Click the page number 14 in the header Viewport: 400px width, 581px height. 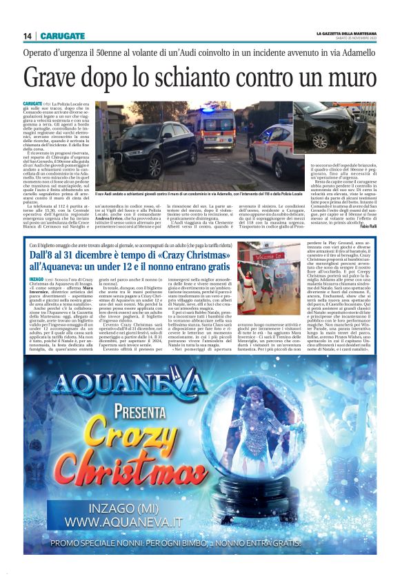tap(28, 36)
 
